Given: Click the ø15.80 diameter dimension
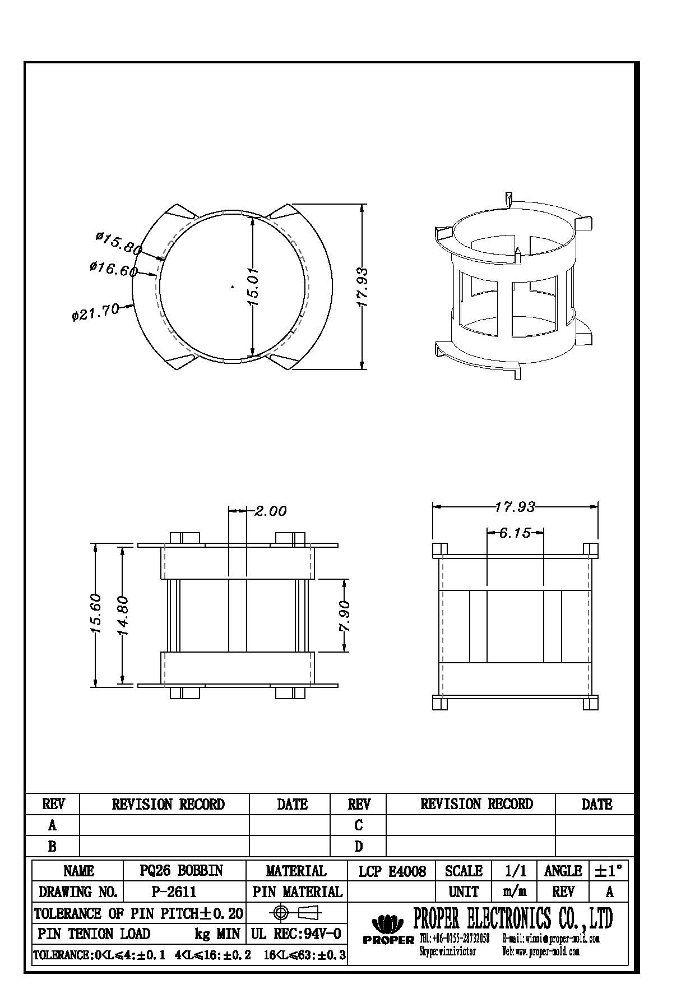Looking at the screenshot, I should (118, 243).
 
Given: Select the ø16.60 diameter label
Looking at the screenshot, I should (113, 269).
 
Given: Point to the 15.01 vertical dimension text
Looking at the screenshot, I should (253, 286).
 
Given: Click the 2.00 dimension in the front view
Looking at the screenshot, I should (270, 511).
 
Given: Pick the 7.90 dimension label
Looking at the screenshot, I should (344, 616).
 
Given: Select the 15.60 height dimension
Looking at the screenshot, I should (95, 613).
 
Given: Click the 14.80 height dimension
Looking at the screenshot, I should (123, 615).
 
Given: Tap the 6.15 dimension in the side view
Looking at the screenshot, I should (515, 533).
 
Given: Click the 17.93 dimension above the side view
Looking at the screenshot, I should (515, 507).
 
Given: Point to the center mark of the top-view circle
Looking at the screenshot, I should (233, 287).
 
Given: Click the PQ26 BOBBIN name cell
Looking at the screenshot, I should (181, 870).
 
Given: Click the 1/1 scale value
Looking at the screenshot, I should (515, 871).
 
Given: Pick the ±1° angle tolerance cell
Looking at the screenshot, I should (608, 871).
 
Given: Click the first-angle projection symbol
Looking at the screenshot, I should (296, 913).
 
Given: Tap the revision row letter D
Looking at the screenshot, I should (359, 846).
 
